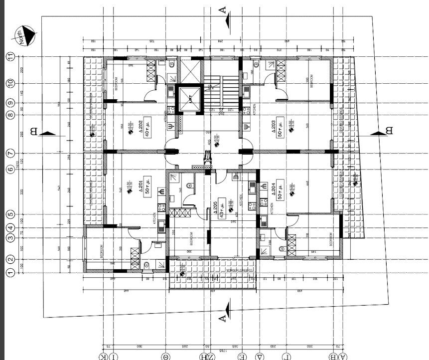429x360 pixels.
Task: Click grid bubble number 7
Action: pos(9,153)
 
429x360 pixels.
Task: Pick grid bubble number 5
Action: pos(9,215)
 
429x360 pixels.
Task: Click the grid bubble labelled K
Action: pos(103,356)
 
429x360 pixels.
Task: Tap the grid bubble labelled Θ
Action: pos(165,356)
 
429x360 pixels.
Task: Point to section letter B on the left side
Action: pos(34,132)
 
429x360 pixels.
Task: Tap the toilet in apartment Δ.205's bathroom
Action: pos(189,185)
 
